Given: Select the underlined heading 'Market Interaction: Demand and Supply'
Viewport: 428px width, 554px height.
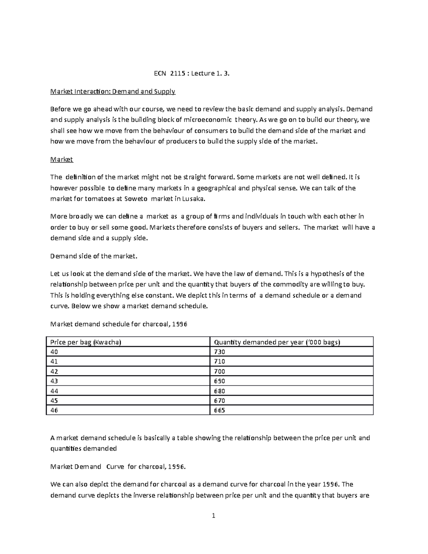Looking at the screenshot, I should point(113,92).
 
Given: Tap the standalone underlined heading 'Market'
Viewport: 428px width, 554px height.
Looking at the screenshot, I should point(61,159).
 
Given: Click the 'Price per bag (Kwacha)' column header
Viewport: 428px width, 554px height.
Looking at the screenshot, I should point(86,342).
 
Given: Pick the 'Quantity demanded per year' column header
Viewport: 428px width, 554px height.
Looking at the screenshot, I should point(277,342).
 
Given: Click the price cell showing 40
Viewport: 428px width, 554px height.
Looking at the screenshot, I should point(54,352).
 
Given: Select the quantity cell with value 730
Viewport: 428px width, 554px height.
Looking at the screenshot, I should point(219,352).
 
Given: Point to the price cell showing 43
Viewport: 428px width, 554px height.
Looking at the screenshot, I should point(54,381).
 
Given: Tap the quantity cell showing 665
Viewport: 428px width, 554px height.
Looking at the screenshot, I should point(219,410).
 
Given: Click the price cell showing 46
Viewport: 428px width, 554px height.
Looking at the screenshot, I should point(54,410).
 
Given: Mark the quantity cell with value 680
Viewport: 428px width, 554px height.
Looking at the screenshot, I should point(219,391).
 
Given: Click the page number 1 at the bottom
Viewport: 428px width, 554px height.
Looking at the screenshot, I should point(213,515).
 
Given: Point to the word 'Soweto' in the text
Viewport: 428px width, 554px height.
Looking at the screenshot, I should point(135,199).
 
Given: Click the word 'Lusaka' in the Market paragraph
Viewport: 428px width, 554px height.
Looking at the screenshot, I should point(193,199).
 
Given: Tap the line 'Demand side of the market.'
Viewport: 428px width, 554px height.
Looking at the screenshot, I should point(93,256).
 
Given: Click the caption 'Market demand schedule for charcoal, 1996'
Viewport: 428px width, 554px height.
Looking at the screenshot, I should point(119,324).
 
